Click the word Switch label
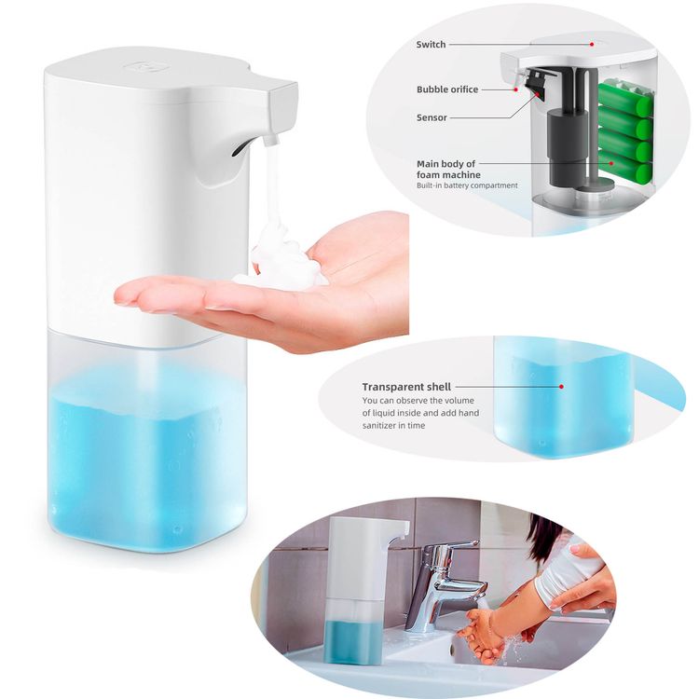pos(431,44)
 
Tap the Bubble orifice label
pos(447,89)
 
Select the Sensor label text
pos(432,117)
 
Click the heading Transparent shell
pos(406,387)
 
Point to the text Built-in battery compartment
pos(467,185)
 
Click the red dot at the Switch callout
pos(592,44)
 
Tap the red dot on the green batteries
pos(612,163)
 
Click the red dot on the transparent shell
pos(561,387)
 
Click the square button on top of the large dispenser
pos(142,65)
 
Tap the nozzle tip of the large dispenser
pos(270,141)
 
